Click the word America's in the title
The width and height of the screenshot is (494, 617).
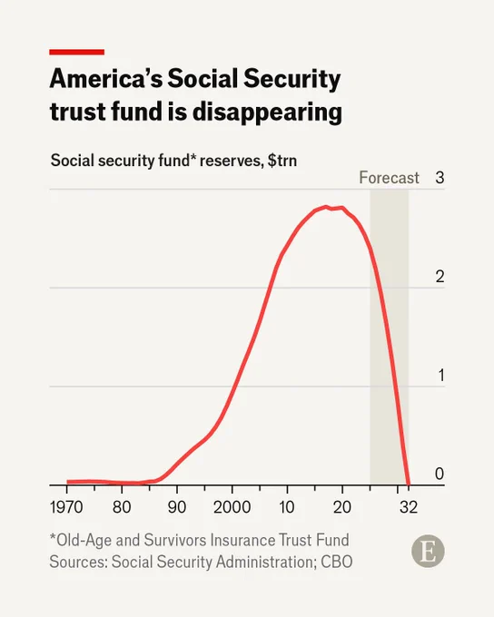pyautogui.click(x=106, y=79)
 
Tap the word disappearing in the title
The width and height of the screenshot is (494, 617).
pyautogui.click(x=267, y=112)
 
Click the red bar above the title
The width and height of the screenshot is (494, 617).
pyautogui.click(x=77, y=52)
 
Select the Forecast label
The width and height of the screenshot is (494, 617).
pyautogui.click(x=389, y=178)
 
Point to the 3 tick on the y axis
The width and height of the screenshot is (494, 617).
pyautogui.click(x=440, y=178)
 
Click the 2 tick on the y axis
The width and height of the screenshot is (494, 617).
pyautogui.click(x=440, y=277)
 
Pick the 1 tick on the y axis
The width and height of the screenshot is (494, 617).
pyautogui.click(x=441, y=376)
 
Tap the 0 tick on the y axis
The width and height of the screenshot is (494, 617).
pyautogui.click(x=440, y=474)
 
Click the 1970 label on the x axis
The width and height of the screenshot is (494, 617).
pyautogui.click(x=66, y=507)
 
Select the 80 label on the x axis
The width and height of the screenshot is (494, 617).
pyautogui.click(x=122, y=507)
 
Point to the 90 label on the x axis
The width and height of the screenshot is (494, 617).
pyautogui.click(x=177, y=507)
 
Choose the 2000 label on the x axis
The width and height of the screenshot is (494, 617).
pyautogui.click(x=232, y=507)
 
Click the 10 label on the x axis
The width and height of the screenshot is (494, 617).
pyautogui.click(x=287, y=507)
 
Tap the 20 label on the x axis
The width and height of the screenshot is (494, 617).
pyautogui.click(x=342, y=507)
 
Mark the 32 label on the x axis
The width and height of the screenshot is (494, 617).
pyautogui.click(x=409, y=507)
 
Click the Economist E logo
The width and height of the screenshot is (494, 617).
pyautogui.click(x=428, y=551)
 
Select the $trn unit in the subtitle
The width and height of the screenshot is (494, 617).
pyautogui.click(x=282, y=161)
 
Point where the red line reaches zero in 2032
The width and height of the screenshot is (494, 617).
pyautogui.click(x=409, y=485)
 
